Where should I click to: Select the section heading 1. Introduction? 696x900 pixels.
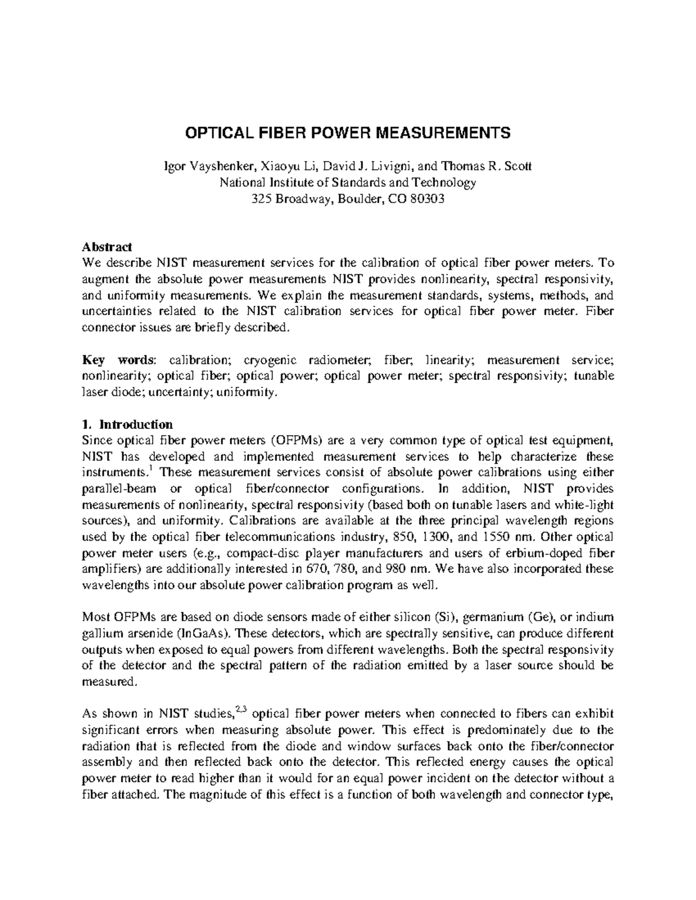click(x=128, y=424)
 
